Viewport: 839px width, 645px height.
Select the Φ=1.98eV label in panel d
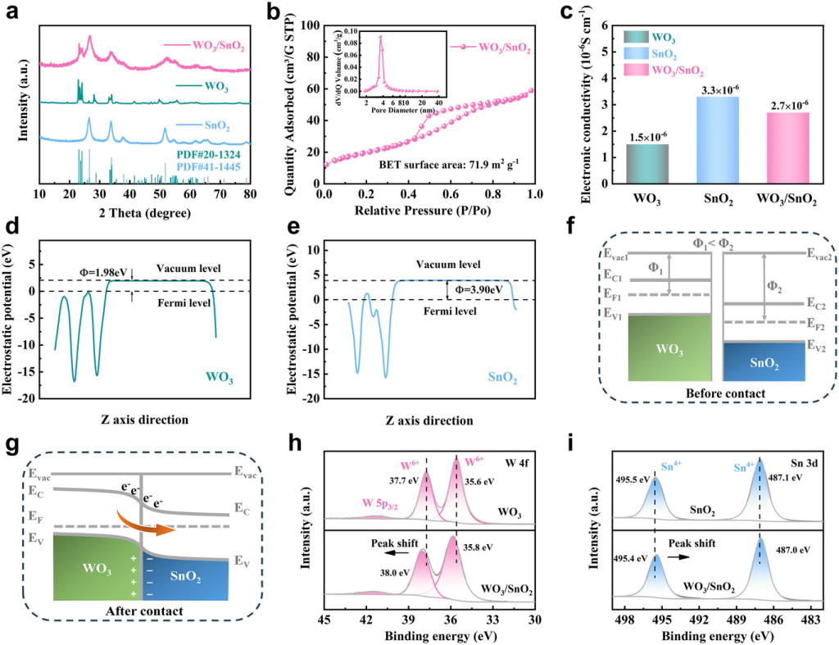(102, 273)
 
